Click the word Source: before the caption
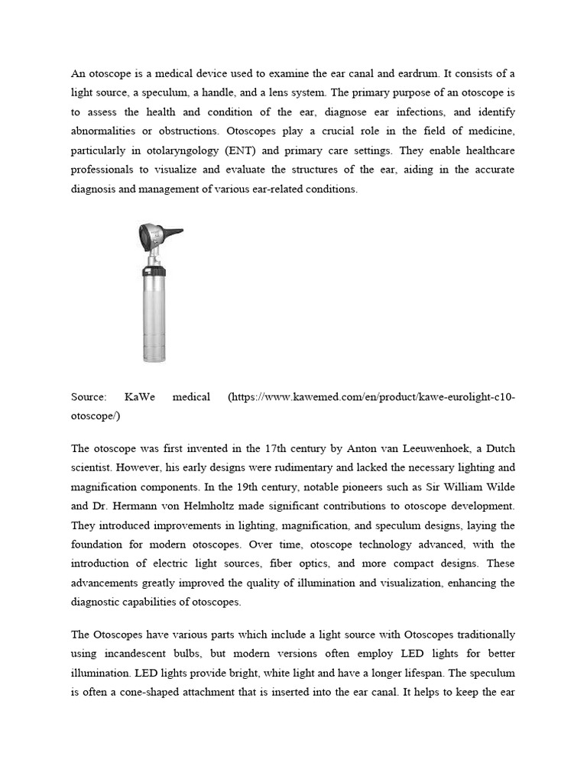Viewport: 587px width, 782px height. click(89, 397)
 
